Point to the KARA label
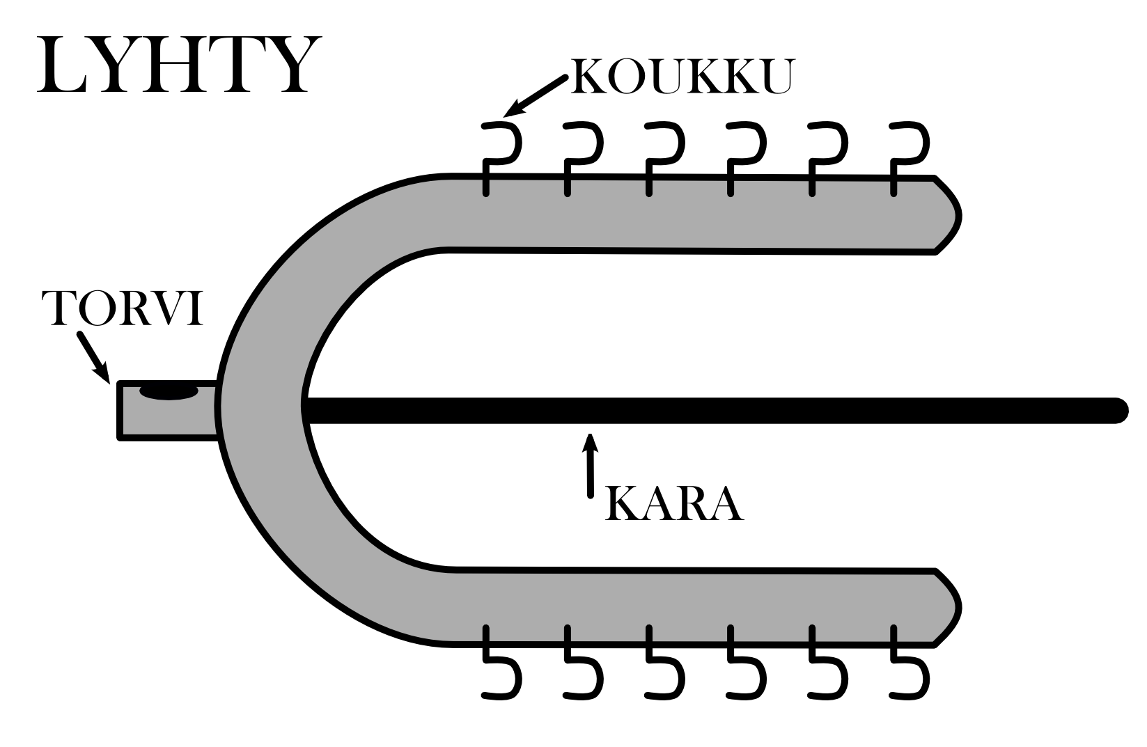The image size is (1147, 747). [674, 503]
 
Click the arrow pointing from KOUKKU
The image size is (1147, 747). [534, 95]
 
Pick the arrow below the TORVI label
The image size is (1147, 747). [93, 356]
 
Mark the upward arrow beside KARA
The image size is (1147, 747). [591, 465]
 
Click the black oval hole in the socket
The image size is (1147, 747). [169, 393]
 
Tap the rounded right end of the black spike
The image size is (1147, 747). [1118, 410]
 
